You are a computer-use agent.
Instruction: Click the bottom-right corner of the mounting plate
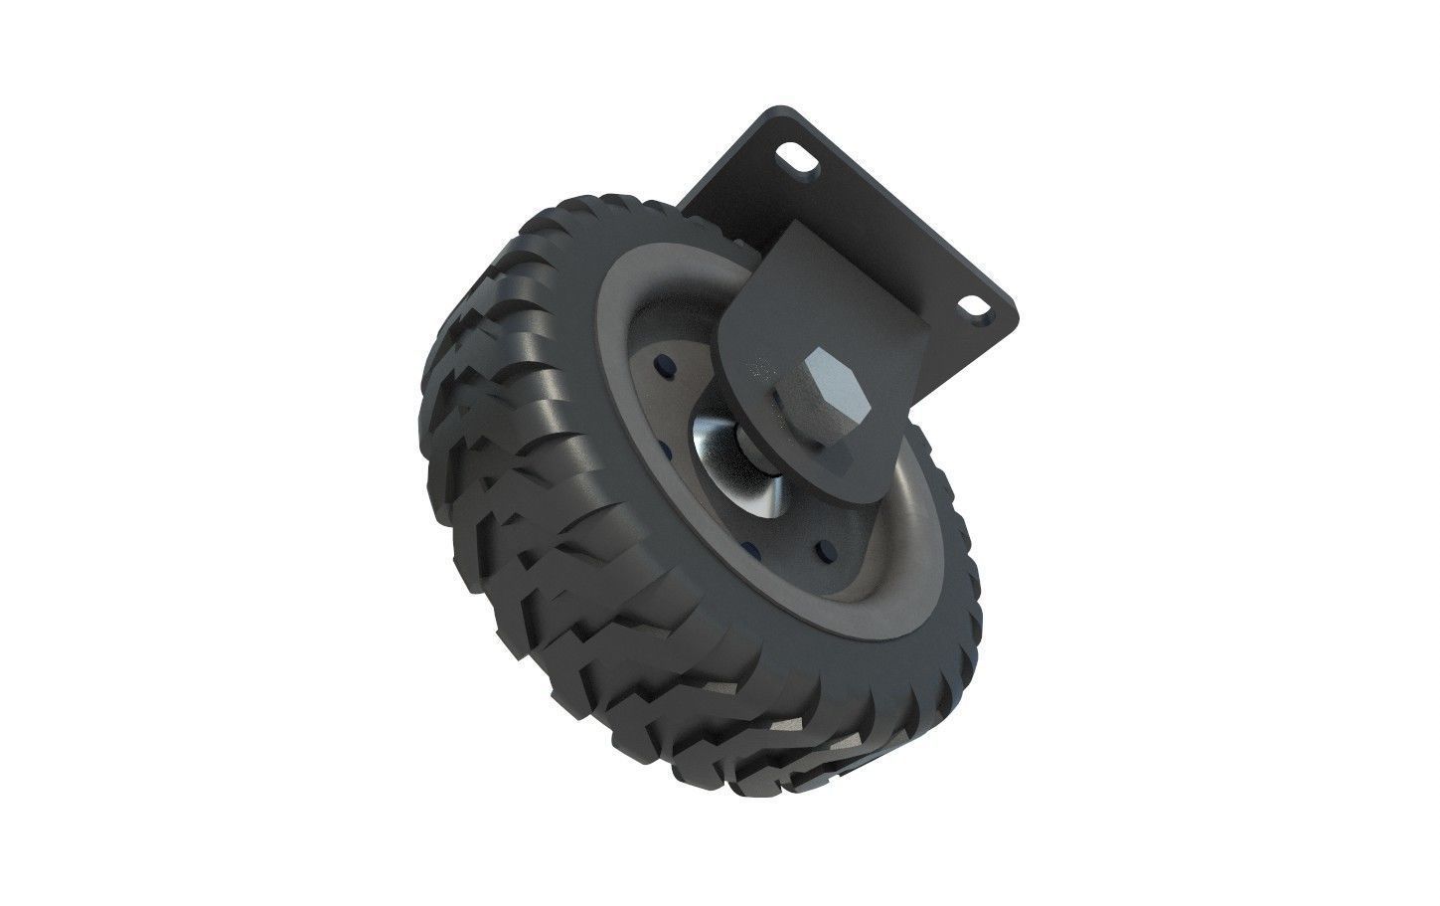tap(1016, 323)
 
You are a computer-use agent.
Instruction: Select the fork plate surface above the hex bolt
tap(795, 288)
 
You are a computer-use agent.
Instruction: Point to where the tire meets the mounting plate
tap(686, 214)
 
